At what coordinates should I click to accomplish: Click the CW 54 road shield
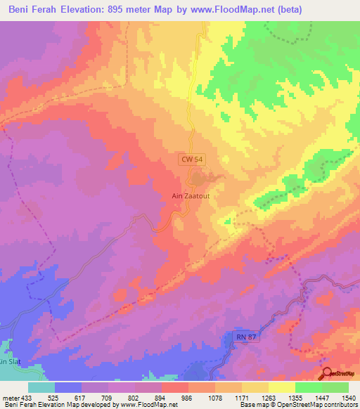coord(192,160)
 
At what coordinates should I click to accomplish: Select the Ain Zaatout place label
coord(192,196)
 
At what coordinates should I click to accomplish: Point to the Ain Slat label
coord(7,361)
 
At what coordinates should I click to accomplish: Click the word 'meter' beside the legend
coord(11,397)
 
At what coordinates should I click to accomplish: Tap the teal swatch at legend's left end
coord(41,387)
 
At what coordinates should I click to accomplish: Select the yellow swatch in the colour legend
coord(282,387)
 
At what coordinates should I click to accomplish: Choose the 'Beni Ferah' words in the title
coord(30,10)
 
